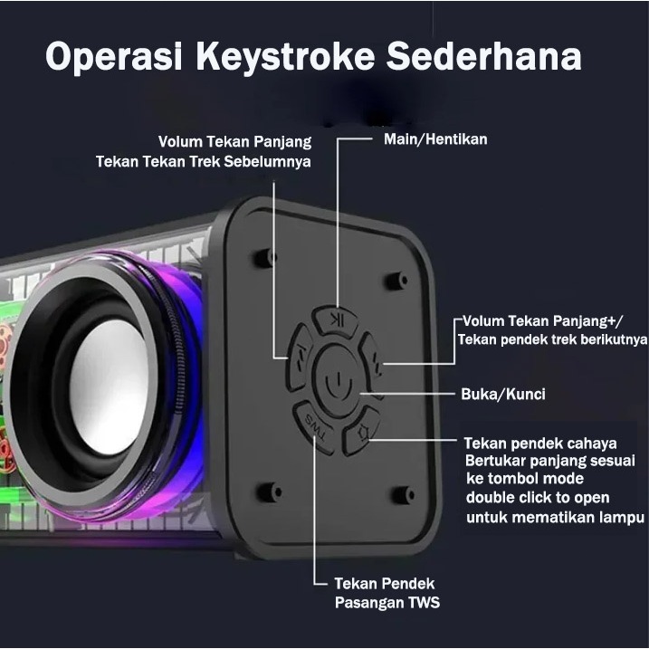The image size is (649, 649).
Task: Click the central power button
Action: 335,381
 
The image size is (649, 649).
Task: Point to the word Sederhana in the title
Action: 489,57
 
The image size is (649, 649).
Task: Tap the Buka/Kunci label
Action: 502,395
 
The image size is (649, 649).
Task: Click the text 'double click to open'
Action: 538,498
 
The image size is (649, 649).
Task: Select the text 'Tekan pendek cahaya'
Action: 540,444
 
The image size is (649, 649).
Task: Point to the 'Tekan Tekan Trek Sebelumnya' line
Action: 204,162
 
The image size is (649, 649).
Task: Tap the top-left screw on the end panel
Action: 264,256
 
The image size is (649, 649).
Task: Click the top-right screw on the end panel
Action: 397,282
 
